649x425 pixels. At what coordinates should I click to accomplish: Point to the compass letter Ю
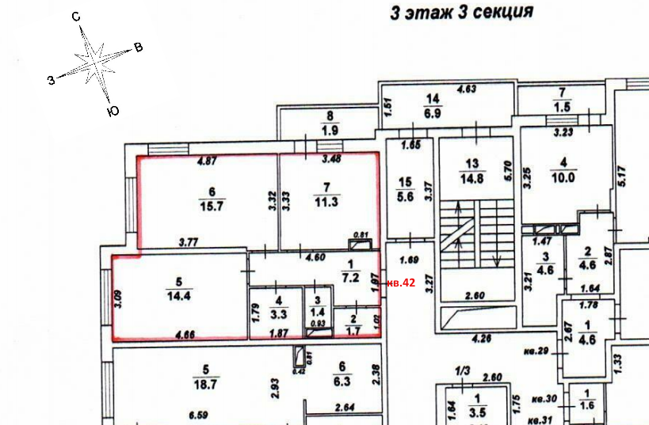tap(113, 112)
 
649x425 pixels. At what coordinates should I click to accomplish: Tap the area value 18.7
tap(205, 385)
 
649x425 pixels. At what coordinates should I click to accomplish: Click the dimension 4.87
tap(206, 161)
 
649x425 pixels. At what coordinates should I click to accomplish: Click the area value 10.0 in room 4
tap(563, 177)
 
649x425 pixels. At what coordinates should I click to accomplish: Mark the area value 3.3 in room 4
tap(278, 313)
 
